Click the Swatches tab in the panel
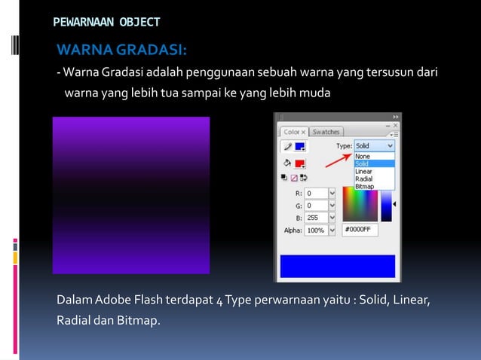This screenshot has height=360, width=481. pos(326,132)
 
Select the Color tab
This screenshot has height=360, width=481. pos(293,132)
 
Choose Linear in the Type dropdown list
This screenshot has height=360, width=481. pos(363,172)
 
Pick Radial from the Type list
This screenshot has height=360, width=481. pos(363,179)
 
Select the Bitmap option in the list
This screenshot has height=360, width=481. pos(364,187)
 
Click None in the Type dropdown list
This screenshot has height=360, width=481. pos(363,156)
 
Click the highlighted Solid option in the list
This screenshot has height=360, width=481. pos(363,163)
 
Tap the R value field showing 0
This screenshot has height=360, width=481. pos(316,194)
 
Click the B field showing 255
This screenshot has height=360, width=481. pos(316,218)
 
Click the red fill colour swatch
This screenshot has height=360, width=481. pos(299,163)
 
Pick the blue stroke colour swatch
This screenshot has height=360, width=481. pos(299,147)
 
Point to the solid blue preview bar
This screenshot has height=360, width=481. pos(337,265)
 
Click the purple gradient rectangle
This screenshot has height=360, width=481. pos(130,195)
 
